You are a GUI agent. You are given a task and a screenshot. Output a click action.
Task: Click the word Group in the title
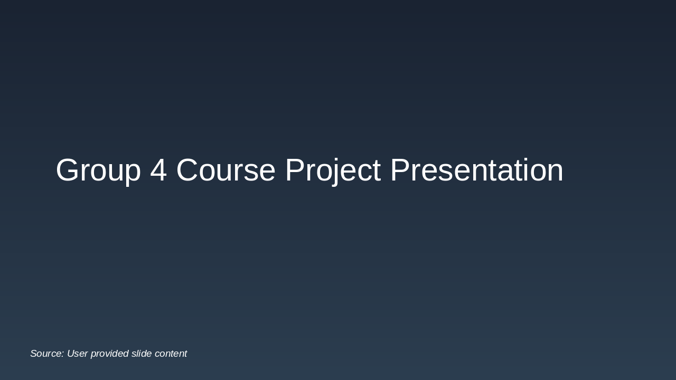pos(98,170)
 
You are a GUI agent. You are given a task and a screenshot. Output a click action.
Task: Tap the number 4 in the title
pos(158,170)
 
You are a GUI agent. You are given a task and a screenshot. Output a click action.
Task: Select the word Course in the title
pos(226,170)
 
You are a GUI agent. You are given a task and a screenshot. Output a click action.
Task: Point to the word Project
pos(333,170)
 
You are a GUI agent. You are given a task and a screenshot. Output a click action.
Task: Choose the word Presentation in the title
pos(477,170)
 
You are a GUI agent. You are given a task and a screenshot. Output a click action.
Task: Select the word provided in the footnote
pos(109,354)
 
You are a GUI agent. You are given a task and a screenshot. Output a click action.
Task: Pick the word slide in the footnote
pos(142,354)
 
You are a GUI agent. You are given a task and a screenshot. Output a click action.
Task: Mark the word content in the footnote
pos(171,354)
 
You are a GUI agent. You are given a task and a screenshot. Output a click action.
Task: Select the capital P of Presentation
pos(400,170)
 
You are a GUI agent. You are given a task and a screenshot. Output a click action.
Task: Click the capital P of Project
pos(295,170)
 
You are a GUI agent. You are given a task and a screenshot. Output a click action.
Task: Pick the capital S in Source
pos(34,354)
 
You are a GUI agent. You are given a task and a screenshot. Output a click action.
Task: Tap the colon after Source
pos(62,355)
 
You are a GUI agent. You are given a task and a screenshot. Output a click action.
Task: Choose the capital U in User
pos(71,354)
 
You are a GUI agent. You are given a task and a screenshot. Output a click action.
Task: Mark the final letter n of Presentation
pos(556,173)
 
